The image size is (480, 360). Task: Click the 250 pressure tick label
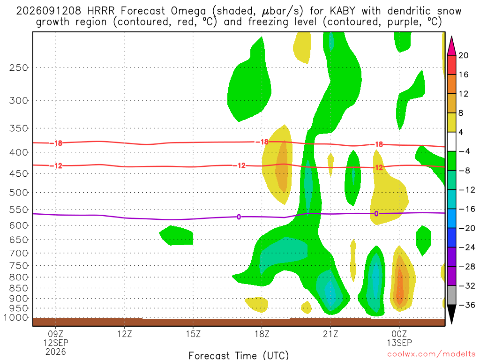tap(19, 67)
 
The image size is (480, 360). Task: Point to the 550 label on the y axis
tap(19, 210)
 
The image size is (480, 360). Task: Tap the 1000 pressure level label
tap(15, 318)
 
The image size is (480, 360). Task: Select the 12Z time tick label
tap(124, 334)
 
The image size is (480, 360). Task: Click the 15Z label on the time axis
tap(193, 334)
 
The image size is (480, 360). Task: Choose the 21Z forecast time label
tap(330, 334)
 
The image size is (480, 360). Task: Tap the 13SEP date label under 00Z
tap(399, 343)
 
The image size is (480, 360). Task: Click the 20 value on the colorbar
tap(463, 55)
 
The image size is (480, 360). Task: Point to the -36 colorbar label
tap(467, 305)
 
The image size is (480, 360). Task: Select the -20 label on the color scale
tap(467, 228)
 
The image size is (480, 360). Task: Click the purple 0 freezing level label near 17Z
tap(239, 217)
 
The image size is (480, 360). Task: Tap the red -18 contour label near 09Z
tap(56, 143)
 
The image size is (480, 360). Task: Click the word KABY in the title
tap(343, 11)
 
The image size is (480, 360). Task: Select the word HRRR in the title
tap(101, 11)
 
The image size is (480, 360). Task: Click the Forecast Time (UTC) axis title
tap(239, 355)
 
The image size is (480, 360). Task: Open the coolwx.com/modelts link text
tap(431, 354)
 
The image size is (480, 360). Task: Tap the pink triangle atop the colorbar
tap(451, 46)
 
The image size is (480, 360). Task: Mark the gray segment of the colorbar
tap(451, 295)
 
